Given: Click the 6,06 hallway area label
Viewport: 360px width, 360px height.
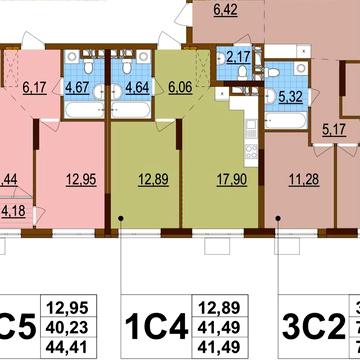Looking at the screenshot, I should click(181, 87).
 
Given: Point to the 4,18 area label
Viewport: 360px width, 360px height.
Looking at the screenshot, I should click(12, 210).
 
